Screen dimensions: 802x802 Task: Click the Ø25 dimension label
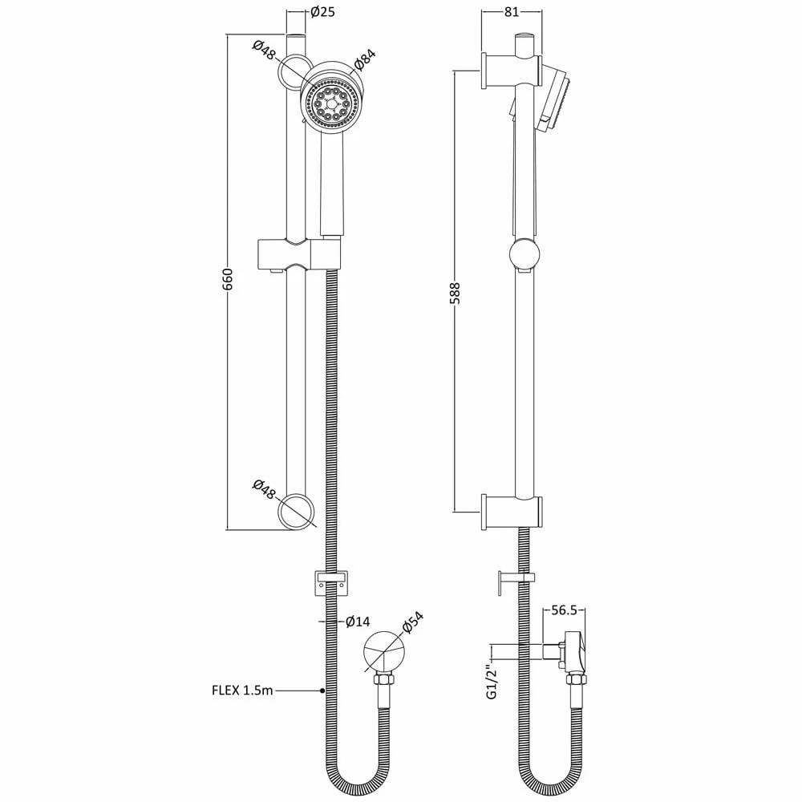322,11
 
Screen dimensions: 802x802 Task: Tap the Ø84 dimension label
365,59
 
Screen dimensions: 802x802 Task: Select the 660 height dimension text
228,279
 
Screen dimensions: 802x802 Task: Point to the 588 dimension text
456,293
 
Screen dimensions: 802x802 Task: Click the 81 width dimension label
512,12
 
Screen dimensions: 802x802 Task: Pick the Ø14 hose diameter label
358,622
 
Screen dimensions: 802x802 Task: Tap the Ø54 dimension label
413,622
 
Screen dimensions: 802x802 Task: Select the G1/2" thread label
492,678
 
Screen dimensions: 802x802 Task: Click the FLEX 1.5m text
242,691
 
